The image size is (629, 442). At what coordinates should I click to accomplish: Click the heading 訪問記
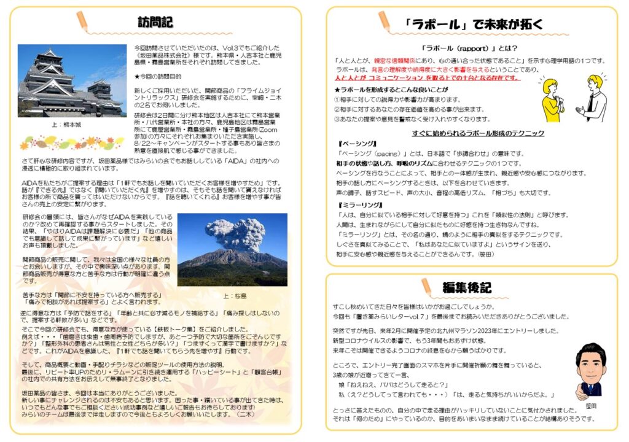pyautogui.click(x=155, y=22)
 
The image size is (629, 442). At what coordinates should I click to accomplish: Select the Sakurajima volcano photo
pyautogui.click(x=232, y=250)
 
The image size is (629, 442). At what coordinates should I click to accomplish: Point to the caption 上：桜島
pyautogui.click(x=235, y=295)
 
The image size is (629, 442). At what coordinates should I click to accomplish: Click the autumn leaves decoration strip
pyautogui.click(x=68, y=143)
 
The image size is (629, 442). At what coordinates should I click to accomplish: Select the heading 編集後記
pyautogui.click(x=467, y=287)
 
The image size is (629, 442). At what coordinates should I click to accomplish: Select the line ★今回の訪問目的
pyautogui.click(x=158, y=77)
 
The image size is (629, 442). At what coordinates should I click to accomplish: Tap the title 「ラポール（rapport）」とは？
pyautogui.click(x=471, y=48)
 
